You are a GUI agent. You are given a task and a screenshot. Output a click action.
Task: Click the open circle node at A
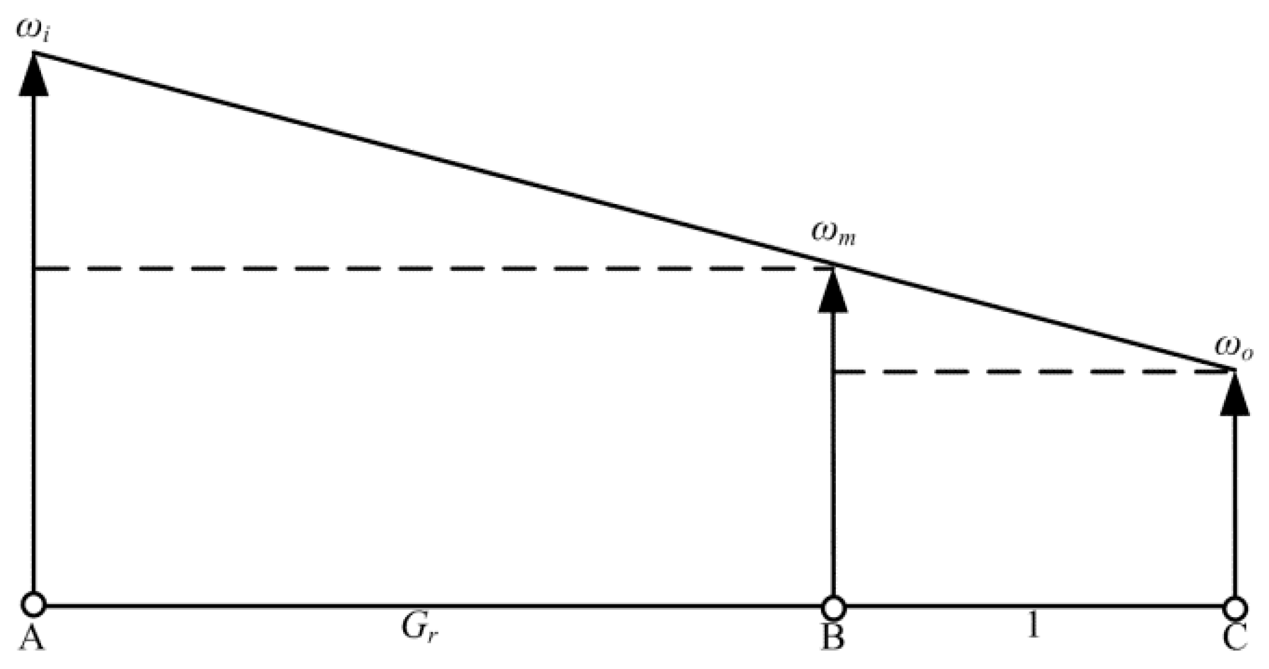point(33,605)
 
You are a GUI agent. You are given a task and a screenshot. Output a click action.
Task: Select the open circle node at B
point(833,608)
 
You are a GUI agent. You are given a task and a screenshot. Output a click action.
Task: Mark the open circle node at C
point(1235,608)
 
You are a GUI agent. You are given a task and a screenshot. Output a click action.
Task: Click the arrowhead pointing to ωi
point(33,75)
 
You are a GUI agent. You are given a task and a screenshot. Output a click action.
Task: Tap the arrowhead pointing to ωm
point(833,292)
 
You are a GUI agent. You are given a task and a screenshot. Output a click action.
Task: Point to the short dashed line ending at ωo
point(1034,371)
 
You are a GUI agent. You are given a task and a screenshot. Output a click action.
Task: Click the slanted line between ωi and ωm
point(433,159)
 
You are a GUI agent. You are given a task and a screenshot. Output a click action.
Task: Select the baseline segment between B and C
point(1034,607)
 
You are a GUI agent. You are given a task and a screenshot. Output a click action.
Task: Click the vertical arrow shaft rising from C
point(1235,508)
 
